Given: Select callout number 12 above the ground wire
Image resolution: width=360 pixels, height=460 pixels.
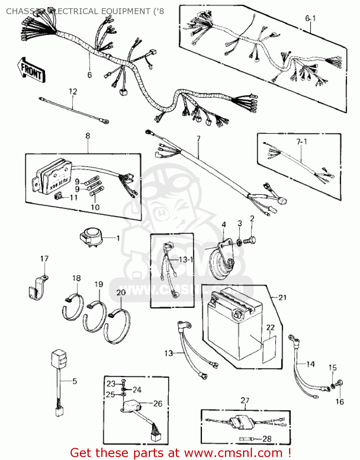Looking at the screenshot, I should point(73,91).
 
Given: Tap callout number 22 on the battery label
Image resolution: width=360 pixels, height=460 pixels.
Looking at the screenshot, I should point(270,327).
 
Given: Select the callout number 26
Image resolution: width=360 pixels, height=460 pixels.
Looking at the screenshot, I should point(157,404).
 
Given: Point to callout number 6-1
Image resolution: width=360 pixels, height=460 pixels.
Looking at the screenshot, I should point(310,18).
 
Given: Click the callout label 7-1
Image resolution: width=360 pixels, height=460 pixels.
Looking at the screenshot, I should point(301,142).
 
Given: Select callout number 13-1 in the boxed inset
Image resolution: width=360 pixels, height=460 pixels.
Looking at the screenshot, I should point(186,259).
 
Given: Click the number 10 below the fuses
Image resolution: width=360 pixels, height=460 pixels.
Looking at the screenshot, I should point(95,207).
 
